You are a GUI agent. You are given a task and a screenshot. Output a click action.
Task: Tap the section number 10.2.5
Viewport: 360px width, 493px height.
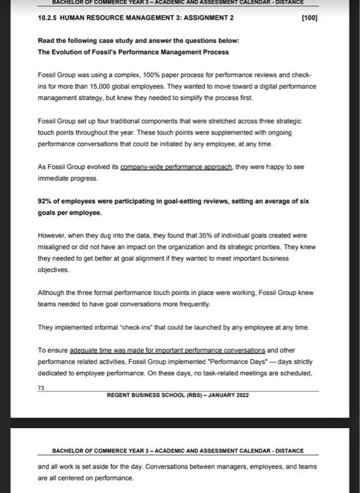49,17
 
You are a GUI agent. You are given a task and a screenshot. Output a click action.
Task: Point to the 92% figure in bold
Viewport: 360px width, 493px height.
45,200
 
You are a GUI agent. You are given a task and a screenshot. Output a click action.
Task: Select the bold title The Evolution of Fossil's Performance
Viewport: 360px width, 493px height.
106,51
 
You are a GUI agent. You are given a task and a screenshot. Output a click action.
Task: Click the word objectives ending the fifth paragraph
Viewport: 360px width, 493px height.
54,270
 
